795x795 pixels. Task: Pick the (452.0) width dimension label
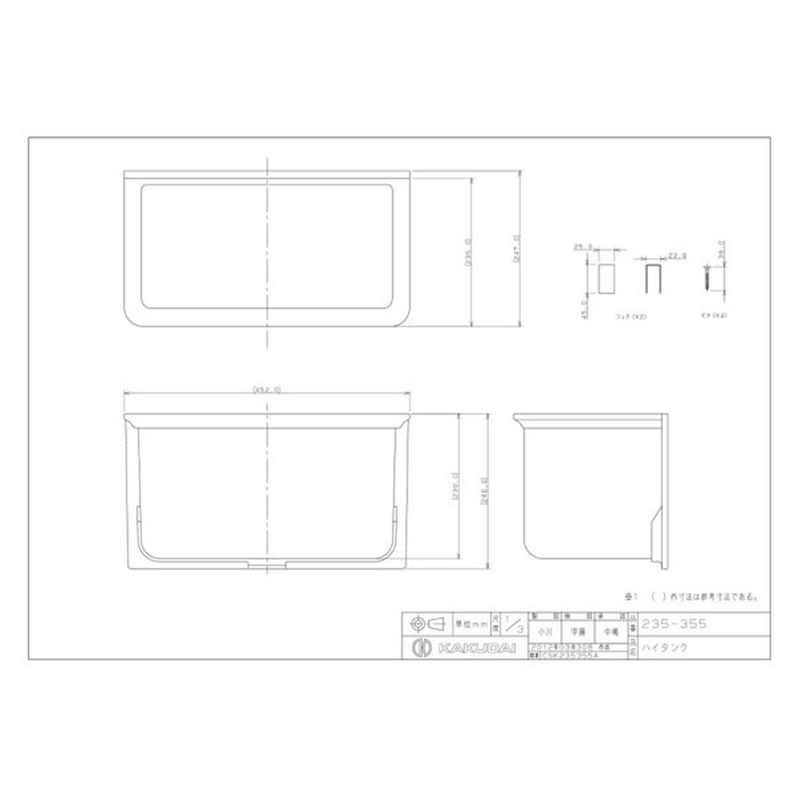click(x=266, y=390)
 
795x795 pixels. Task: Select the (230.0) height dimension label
click(x=454, y=491)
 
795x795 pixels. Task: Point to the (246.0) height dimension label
click(x=483, y=491)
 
